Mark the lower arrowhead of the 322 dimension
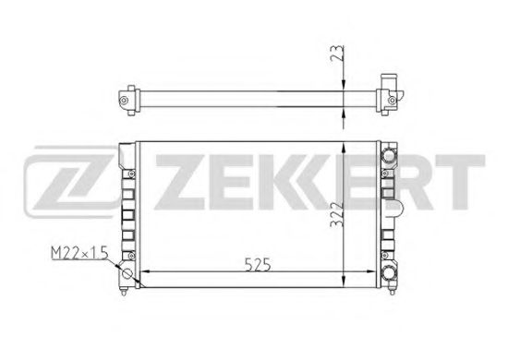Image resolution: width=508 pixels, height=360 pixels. pyautogui.click(x=345, y=280)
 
